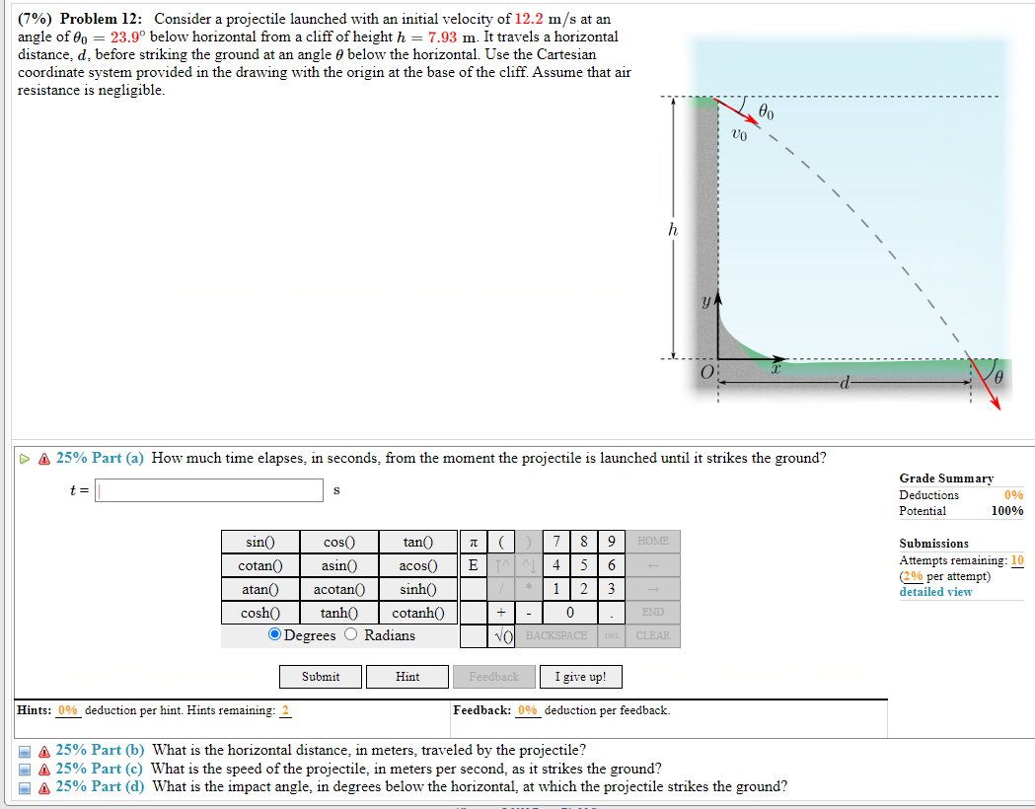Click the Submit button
[x=321, y=677]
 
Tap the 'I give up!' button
[x=581, y=677]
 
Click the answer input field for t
[x=209, y=490]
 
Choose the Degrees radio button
[x=275, y=635]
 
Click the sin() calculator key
[x=259, y=542]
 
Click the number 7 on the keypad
[x=558, y=542]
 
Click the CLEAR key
[x=653, y=636]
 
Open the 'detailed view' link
[x=935, y=592]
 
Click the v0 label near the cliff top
[x=739, y=132]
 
